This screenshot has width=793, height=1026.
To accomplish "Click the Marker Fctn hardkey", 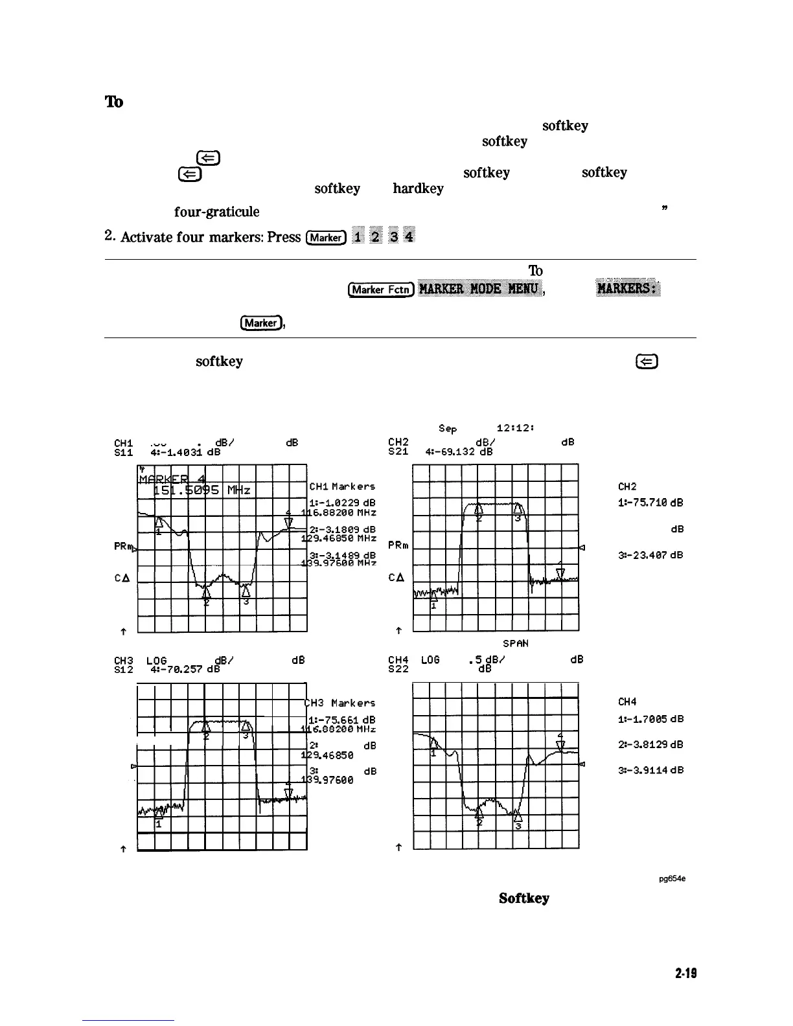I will tap(381, 290).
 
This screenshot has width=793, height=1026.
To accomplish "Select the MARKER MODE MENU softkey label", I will tap(479, 289).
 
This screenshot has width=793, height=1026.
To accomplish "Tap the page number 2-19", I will tap(685, 973).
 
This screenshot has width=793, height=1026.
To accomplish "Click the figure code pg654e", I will tap(672, 879).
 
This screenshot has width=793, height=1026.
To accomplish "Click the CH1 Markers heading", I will tap(342, 486).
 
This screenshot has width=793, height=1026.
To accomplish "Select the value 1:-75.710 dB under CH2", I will tap(651, 503).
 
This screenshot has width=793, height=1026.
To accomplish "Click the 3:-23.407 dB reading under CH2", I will tap(651, 555).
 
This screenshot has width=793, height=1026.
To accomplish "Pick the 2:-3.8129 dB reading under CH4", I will tap(651, 745).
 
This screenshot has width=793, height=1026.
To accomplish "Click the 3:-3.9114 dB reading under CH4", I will tap(651, 771).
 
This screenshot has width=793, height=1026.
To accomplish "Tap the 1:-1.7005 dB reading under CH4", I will tap(651, 719).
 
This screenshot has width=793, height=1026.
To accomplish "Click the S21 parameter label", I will tap(398, 452).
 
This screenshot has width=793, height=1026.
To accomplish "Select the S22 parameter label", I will tap(398, 669).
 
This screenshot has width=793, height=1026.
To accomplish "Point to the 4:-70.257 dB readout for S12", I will tap(185, 669).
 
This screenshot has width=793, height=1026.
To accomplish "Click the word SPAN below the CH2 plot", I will tap(516, 644).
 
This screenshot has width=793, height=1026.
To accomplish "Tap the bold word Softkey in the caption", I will tap(524, 898).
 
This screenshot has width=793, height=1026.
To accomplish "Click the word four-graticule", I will tap(216, 212).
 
